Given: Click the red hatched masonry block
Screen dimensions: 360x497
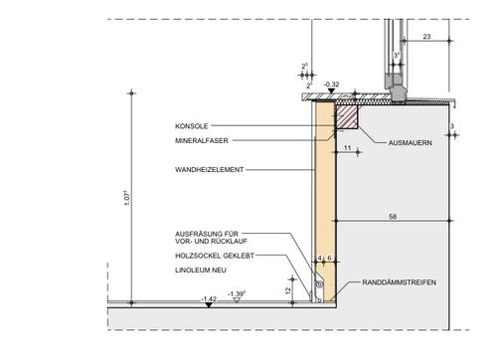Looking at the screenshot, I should point(346,117).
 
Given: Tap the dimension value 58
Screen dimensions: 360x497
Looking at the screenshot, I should point(396,215).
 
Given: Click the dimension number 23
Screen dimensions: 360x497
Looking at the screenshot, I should point(426,37).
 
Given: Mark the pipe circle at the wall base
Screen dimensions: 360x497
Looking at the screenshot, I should point(319,285).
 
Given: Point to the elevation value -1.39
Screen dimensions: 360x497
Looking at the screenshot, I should point(237,294).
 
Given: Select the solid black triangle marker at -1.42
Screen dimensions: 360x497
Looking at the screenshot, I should point(208,304).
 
